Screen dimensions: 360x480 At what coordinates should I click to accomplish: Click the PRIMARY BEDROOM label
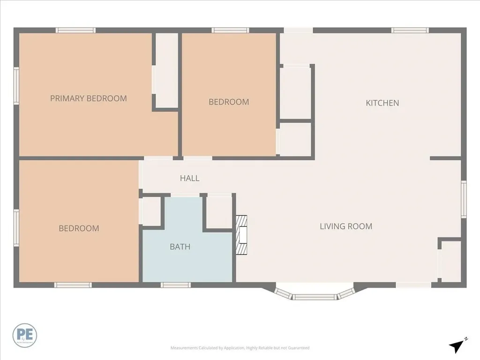click(x=88, y=98)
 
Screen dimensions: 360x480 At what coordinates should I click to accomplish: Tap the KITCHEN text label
click(x=382, y=103)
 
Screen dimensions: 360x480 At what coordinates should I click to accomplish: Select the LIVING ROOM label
click(x=346, y=226)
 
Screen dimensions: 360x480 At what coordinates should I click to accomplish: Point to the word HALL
click(x=189, y=178)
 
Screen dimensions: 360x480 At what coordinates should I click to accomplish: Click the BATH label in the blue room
click(x=180, y=247)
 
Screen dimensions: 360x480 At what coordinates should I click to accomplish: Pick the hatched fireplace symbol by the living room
click(x=241, y=235)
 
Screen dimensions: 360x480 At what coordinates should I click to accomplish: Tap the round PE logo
click(x=25, y=335)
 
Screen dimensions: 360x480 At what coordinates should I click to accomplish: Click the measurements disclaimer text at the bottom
click(x=240, y=348)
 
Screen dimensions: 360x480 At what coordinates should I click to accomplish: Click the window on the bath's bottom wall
click(x=176, y=285)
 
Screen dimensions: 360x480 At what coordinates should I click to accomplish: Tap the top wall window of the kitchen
click(x=410, y=30)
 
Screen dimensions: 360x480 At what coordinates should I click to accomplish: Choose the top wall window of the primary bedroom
click(x=75, y=30)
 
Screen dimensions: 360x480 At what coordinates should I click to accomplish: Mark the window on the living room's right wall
click(x=464, y=200)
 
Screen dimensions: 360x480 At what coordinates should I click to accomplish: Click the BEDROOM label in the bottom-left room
click(x=79, y=229)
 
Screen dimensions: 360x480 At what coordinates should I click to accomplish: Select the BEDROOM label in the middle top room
click(x=229, y=102)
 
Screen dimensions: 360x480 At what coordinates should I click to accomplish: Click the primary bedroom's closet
click(x=166, y=70)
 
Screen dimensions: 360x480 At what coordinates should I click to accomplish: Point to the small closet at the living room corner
click(x=451, y=261)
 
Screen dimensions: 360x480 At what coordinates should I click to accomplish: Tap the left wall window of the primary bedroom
click(x=16, y=86)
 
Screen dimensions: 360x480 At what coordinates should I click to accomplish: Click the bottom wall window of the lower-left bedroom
click(x=73, y=285)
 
